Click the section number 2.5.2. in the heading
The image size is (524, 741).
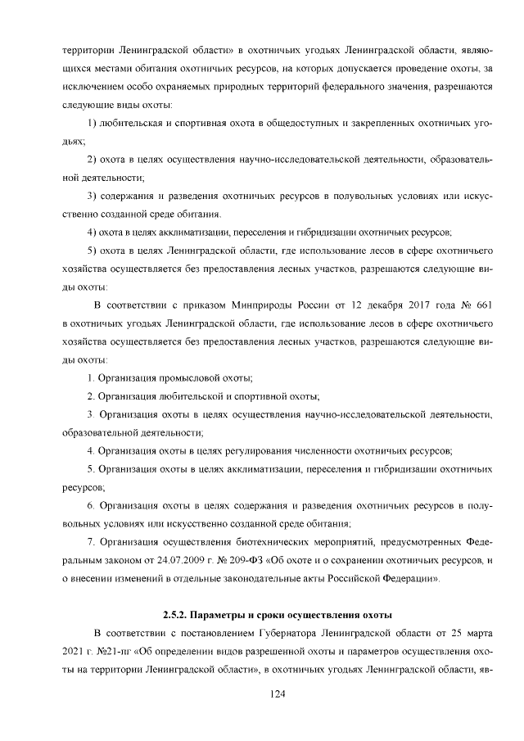click(178, 613)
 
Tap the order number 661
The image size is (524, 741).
click(482, 305)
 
